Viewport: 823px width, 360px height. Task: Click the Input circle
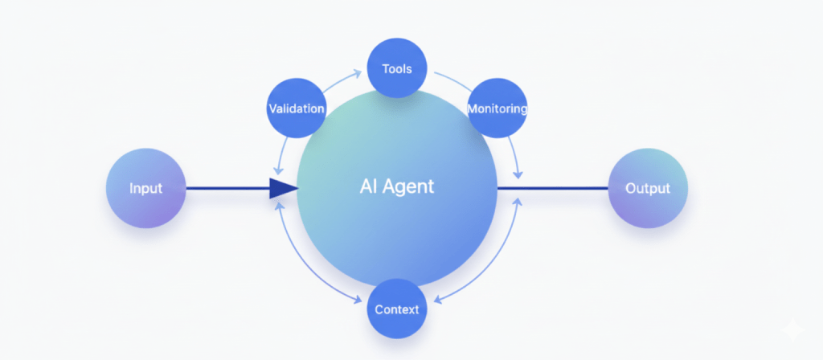coord(145,189)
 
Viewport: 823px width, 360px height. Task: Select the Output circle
coord(648,189)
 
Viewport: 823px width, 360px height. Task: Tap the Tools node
coord(396,68)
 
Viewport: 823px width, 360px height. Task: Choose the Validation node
coord(297,108)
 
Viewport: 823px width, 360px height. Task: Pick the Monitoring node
coord(497,108)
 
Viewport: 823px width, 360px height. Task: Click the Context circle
coord(396,309)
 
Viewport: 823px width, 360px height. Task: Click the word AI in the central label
coord(368,187)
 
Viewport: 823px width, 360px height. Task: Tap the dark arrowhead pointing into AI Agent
coord(282,189)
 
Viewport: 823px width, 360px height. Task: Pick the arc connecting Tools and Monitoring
coord(451,80)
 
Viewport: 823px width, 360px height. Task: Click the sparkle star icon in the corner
coord(791,329)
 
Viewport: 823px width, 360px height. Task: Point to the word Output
coord(648,189)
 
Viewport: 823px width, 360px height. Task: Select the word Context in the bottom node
coord(396,309)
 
